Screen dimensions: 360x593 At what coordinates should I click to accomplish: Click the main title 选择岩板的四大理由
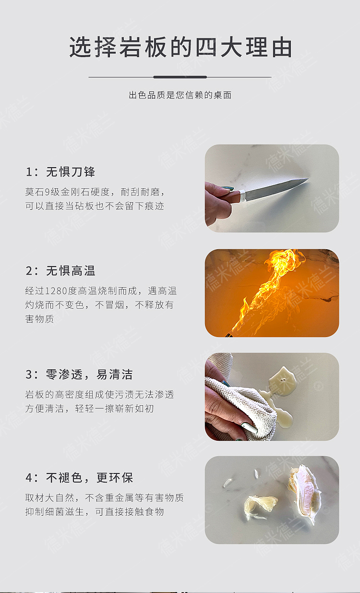[x=180, y=47]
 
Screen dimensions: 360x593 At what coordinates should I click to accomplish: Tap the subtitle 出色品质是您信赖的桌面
[x=180, y=95]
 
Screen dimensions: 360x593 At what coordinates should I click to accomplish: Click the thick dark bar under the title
[x=180, y=77]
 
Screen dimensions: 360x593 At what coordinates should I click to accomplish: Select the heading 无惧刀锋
[x=71, y=172]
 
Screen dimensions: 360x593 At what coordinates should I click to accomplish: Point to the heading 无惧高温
[x=71, y=271]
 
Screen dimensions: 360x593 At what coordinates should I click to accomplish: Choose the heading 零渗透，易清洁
[x=89, y=375]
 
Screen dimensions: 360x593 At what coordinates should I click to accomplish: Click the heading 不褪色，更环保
[x=89, y=478]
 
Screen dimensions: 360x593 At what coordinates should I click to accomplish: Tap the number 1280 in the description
[x=56, y=291]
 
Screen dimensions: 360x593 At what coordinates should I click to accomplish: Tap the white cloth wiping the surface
[x=240, y=405]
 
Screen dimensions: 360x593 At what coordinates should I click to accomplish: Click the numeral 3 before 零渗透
[x=29, y=375]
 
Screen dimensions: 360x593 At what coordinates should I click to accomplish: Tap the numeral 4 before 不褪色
[x=29, y=478]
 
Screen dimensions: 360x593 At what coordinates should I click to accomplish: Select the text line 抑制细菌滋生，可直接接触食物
[x=95, y=512]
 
